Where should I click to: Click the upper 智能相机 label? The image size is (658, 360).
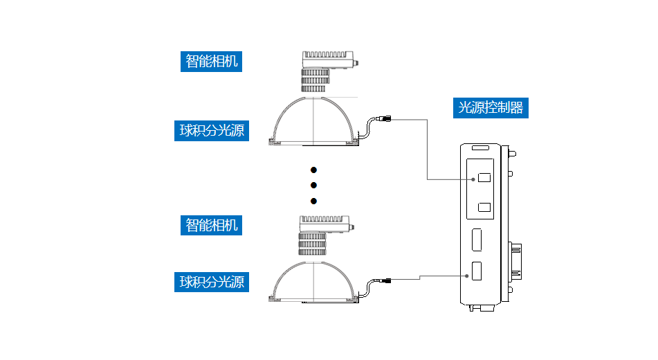[211, 61]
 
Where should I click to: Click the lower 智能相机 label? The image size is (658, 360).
[211, 225]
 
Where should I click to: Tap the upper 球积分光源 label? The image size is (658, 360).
[211, 130]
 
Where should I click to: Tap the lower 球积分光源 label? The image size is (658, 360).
[211, 282]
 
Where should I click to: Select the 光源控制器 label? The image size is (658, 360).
[491, 107]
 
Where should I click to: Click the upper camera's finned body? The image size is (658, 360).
[327, 59]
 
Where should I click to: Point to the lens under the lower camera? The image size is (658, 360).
[312, 244]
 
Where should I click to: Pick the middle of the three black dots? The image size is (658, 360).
[313, 185]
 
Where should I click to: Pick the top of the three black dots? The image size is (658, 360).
[313, 170]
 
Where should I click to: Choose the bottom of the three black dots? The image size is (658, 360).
[313, 201]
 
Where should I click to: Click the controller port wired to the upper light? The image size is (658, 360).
[484, 178]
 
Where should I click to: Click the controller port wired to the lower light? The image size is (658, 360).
[477, 272]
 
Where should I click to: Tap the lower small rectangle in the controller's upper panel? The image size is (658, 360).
[484, 207]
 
